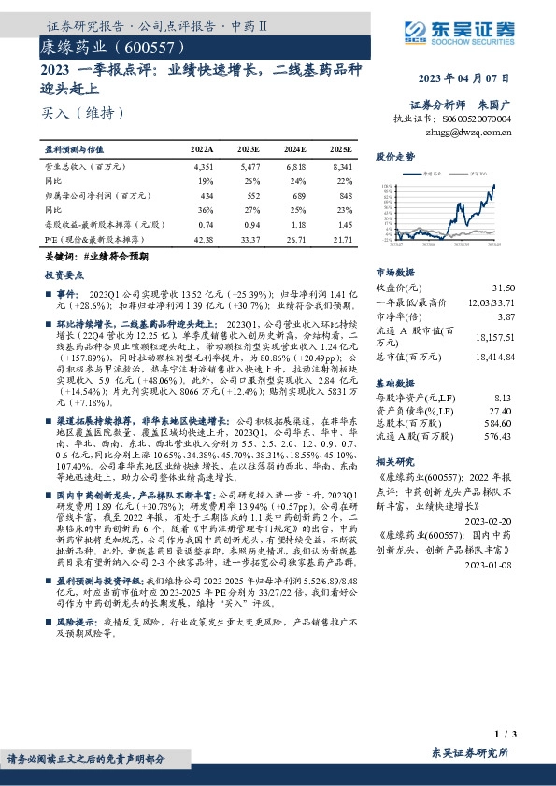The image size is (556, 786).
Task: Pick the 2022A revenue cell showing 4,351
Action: (202, 165)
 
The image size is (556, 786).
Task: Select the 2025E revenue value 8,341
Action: (341, 165)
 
